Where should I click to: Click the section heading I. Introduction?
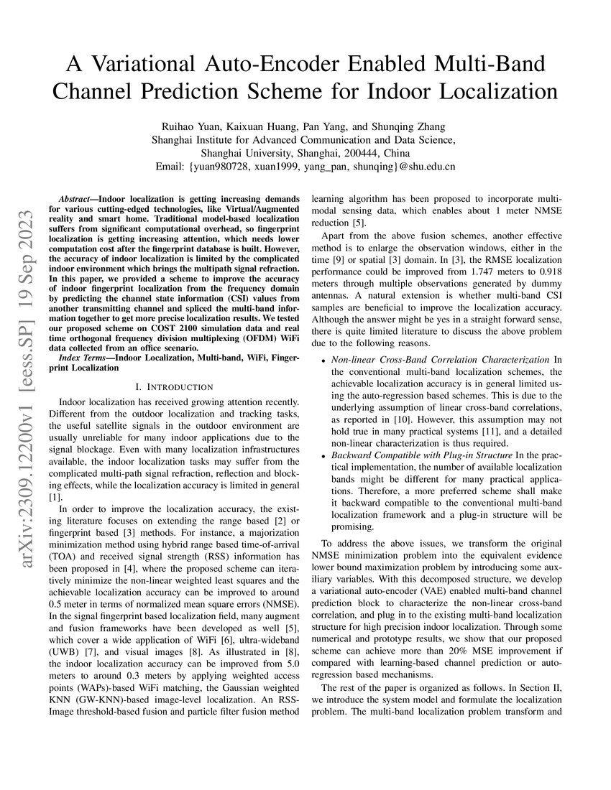[174, 387]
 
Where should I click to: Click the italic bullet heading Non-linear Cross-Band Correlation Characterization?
[441, 359]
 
